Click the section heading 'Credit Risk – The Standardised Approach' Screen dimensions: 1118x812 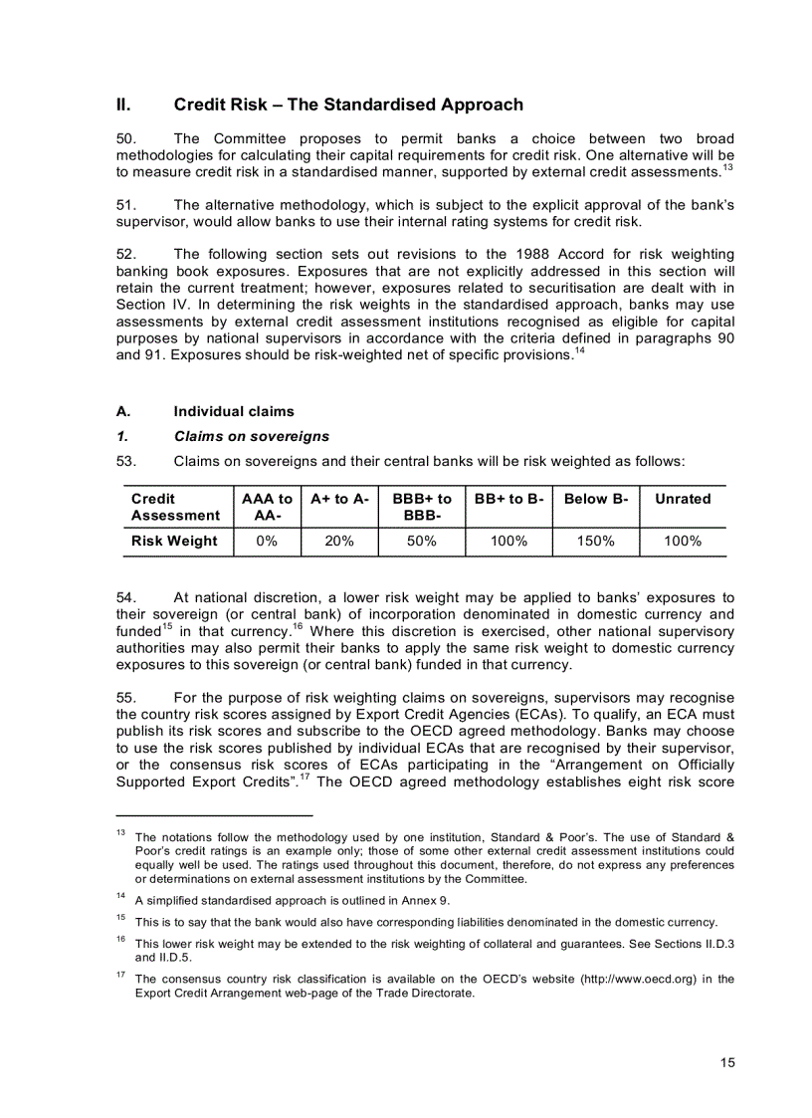347,105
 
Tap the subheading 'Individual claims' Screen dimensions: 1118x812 234,411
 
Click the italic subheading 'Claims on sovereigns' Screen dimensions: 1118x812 251,436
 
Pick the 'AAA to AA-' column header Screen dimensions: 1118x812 267,507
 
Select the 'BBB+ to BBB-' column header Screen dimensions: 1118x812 422,507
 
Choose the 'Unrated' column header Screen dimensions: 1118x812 683,499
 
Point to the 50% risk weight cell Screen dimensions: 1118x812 422,542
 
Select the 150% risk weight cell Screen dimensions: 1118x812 596,542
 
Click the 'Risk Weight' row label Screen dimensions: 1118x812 174,542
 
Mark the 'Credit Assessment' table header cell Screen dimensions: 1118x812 175,507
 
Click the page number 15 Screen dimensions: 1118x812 727,1062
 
